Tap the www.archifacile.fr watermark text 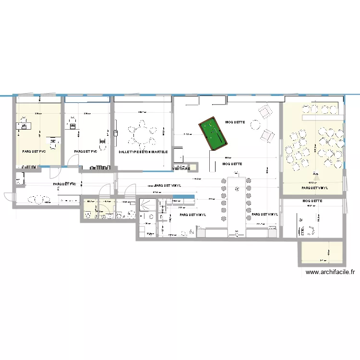point(330,272)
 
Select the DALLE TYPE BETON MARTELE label point(143,152)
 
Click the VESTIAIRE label point(181,169)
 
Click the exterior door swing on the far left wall point(9,197)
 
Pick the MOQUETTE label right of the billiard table point(235,122)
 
